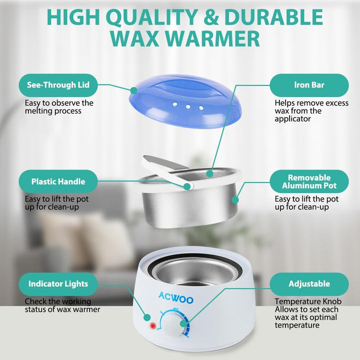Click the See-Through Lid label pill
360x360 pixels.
(x=58, y=85)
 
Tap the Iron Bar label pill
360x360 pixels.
(x=309, y=85)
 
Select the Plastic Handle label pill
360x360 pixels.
(x=58, y=181)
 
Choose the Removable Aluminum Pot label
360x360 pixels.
(x=309, y=181)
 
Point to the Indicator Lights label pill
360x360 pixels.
(x=58, y=284)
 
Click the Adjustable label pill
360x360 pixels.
(x=309, y=284)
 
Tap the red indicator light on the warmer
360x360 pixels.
(x=152, y=326)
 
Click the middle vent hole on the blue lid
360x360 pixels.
(x=188, y=106)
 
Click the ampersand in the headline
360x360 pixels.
(x=211, y=17)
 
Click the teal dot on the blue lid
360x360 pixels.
(x=133, y=90)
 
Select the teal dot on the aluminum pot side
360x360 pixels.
(x=234, y=199)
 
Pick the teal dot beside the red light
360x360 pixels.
(x=147, y=317)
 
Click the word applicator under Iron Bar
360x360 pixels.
(x=292, y=119)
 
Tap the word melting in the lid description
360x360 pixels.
(x=38, y=111)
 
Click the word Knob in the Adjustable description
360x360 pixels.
(x=332, y=301)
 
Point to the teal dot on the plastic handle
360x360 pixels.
(x=187, y=186)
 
